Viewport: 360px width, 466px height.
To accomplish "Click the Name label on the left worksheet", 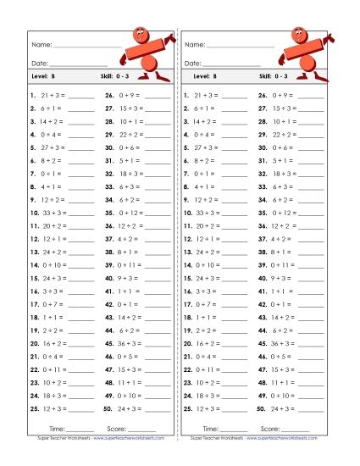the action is [42, 44].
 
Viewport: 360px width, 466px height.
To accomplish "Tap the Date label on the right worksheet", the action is [192, 63].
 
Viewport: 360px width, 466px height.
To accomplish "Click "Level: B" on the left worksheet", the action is [42, 77].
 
